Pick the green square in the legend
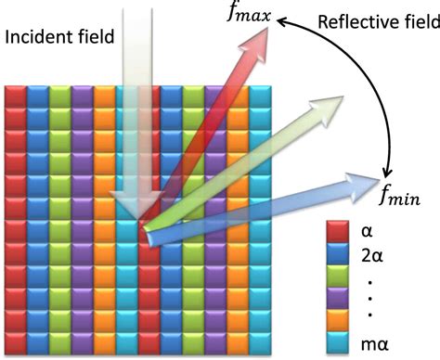pyautogui.click(x=337, y=275)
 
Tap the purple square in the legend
pyautogui.click(x=337, y=297)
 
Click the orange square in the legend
pyautogui.click(x=337, y=319)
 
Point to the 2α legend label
pyautogui.click(x=375, y=251)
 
